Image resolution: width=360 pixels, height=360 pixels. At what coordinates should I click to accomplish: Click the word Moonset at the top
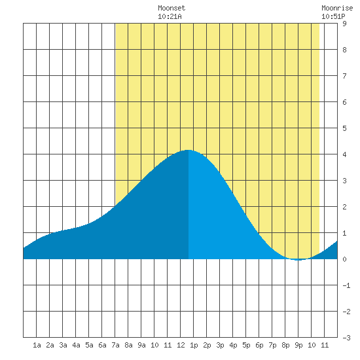(x=171, y=8)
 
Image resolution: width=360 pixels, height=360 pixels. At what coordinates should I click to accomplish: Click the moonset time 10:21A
(x=170, y=16)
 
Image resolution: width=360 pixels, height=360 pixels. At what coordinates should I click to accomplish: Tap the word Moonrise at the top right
(x=337, y=8)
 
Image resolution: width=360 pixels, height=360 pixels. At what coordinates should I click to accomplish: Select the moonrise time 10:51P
(x=333, y=16)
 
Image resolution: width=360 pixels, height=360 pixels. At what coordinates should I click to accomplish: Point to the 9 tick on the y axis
(x=344, y=24)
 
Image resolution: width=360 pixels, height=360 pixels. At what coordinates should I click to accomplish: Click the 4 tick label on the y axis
(x=344, y=154)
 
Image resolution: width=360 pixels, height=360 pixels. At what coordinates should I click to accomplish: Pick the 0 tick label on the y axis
(x=344, y=259)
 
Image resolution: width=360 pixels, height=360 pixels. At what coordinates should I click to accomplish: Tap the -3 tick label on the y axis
(x=346, y=338)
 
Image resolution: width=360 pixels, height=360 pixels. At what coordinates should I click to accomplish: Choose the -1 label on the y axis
(x=346, y=285)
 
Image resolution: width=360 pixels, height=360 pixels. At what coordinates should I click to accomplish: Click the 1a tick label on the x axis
(x=37, y=345)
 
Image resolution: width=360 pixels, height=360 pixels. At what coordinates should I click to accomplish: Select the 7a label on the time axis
(x=115, y=345)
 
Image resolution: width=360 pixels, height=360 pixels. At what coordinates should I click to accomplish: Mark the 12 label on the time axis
(x=181, y=345)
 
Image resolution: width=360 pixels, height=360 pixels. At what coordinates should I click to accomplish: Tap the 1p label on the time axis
(x=194, y=345)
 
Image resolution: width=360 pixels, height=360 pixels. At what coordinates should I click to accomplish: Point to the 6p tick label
(x=259, y=345)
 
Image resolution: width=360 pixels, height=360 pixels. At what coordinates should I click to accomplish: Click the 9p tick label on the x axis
(x=298, y=345)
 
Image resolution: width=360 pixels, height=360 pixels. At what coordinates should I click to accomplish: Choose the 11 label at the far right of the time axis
(x=325, y=345)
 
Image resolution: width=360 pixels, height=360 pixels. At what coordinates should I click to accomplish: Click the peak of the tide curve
(x=189, y=150)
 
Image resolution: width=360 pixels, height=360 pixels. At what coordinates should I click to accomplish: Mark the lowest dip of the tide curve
(x=298, y=260)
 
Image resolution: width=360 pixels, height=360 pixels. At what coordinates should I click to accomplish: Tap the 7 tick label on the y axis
(x=344, y=76)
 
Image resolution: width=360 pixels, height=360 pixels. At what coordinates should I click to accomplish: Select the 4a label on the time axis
(x=76, y=345)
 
